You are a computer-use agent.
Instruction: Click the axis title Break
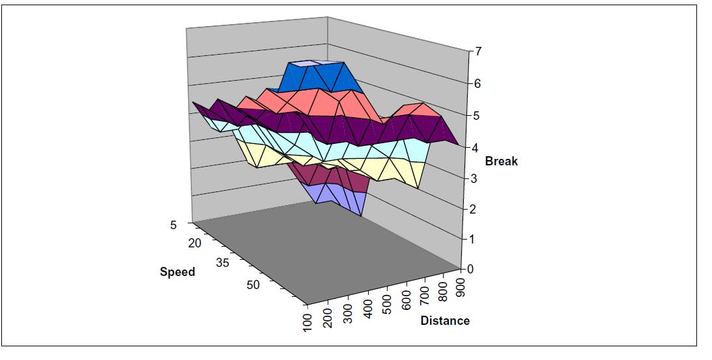(x=501, y=161)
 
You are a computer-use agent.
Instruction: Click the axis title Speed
(x=177, y=271)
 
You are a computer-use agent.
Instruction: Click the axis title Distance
(x=445, y=320)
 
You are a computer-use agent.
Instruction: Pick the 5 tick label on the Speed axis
(x=173, y=225)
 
